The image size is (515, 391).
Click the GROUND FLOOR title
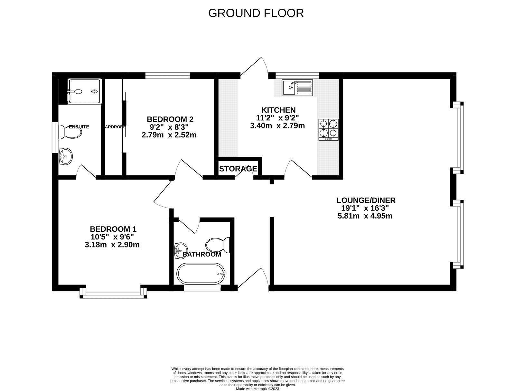(256, 13)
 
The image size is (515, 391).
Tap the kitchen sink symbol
(297, 88)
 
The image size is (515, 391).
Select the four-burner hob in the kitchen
(329, 129)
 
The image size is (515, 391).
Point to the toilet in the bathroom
(218, 245)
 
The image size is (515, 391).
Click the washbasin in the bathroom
(181, 250)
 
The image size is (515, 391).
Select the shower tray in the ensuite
(85, 91)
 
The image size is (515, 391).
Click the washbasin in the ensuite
(66, 157)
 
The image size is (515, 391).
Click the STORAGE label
(238, 169)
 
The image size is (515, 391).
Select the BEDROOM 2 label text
(170, 119)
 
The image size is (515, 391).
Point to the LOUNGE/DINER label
(366, 200)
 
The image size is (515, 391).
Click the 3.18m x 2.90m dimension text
(112, 245)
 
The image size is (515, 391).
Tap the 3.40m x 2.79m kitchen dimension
(277, 126)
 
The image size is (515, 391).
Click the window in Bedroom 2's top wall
(167, 75)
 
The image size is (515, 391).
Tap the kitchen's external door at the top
(254, 68)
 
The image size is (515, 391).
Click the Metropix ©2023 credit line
(257, 388)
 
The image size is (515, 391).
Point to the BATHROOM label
(202, 254)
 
